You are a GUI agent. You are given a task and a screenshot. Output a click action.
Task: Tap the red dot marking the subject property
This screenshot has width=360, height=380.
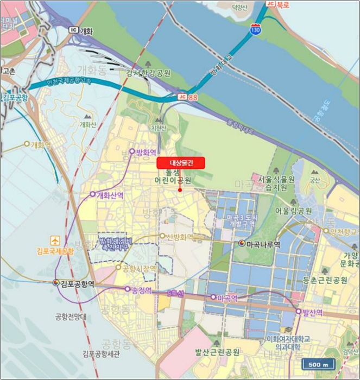180,190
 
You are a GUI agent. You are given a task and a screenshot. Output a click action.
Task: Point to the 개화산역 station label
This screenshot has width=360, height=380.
110,194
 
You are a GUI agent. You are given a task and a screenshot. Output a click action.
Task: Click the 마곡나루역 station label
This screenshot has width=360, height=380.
263,245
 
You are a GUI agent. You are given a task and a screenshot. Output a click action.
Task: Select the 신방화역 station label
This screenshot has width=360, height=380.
180,237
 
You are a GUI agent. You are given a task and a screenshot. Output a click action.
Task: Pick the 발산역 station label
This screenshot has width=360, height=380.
312,312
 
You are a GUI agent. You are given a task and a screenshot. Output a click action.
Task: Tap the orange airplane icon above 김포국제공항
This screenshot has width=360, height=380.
55,240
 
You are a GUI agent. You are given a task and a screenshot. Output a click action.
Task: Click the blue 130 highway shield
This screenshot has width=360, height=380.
255,30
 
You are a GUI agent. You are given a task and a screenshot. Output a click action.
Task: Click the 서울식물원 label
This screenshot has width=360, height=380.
276,179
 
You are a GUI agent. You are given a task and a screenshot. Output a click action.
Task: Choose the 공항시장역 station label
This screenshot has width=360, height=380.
139,268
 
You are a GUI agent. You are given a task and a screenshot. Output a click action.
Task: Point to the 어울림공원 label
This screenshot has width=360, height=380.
294,211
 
